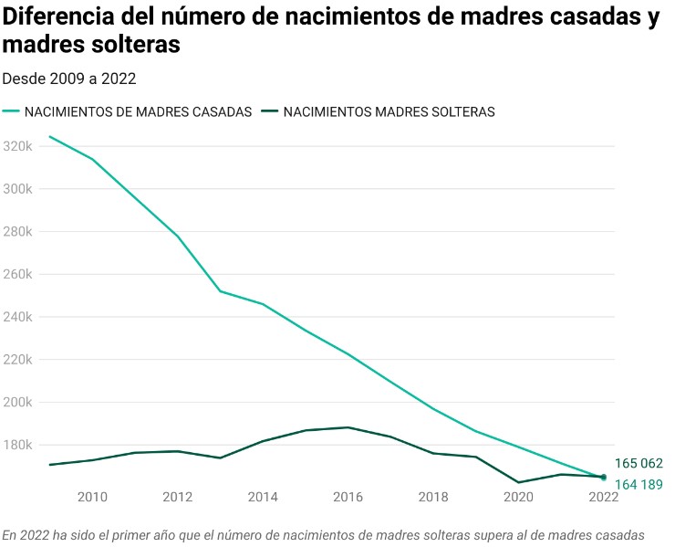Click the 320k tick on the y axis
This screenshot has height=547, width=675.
tap(18, 146)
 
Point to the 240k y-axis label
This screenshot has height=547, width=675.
tap(18, 317)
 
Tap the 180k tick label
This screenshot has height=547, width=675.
tap(18, 445)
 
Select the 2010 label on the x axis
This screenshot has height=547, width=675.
tap(92, 497)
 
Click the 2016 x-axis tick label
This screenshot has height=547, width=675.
tap(348, 497)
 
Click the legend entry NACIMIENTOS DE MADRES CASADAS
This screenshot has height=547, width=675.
tap(138, 112)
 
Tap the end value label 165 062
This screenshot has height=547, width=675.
tap(639, 463)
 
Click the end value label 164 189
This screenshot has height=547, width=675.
tap(639, 484)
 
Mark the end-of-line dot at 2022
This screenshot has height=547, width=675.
tap(604, 477)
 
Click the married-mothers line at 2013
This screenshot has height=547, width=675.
tap(220, 291)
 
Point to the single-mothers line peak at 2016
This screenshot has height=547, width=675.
tap(348, 427)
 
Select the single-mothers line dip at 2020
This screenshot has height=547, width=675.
tap(518, 482)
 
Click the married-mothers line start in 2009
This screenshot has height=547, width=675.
tap(49, 137)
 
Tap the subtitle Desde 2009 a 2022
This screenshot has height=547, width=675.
tap(69, 79)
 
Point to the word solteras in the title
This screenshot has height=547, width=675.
tap(138, 45)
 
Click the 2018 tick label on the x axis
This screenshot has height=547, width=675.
tap(433, 497)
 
